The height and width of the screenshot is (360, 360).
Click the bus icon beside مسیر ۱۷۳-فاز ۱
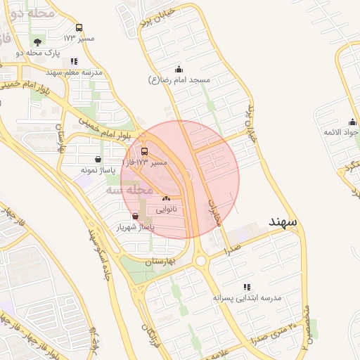click(x=145, y=151)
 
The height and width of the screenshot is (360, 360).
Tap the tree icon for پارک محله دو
click(x=37, y=42)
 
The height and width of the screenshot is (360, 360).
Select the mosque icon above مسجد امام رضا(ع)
click(x=179, y=69)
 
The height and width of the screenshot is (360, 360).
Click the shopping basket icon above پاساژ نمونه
click(x=98, y=159)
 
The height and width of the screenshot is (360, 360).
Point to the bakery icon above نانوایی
click(x=167, y=199)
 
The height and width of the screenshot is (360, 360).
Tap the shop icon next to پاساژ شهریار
click(x=135, y=216)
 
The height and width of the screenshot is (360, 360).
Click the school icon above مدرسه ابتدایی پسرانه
click(x=247, y=287)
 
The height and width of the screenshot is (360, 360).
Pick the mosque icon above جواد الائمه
click(x=352, y=122)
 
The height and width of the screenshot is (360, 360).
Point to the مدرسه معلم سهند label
click(x=74, y=72)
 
